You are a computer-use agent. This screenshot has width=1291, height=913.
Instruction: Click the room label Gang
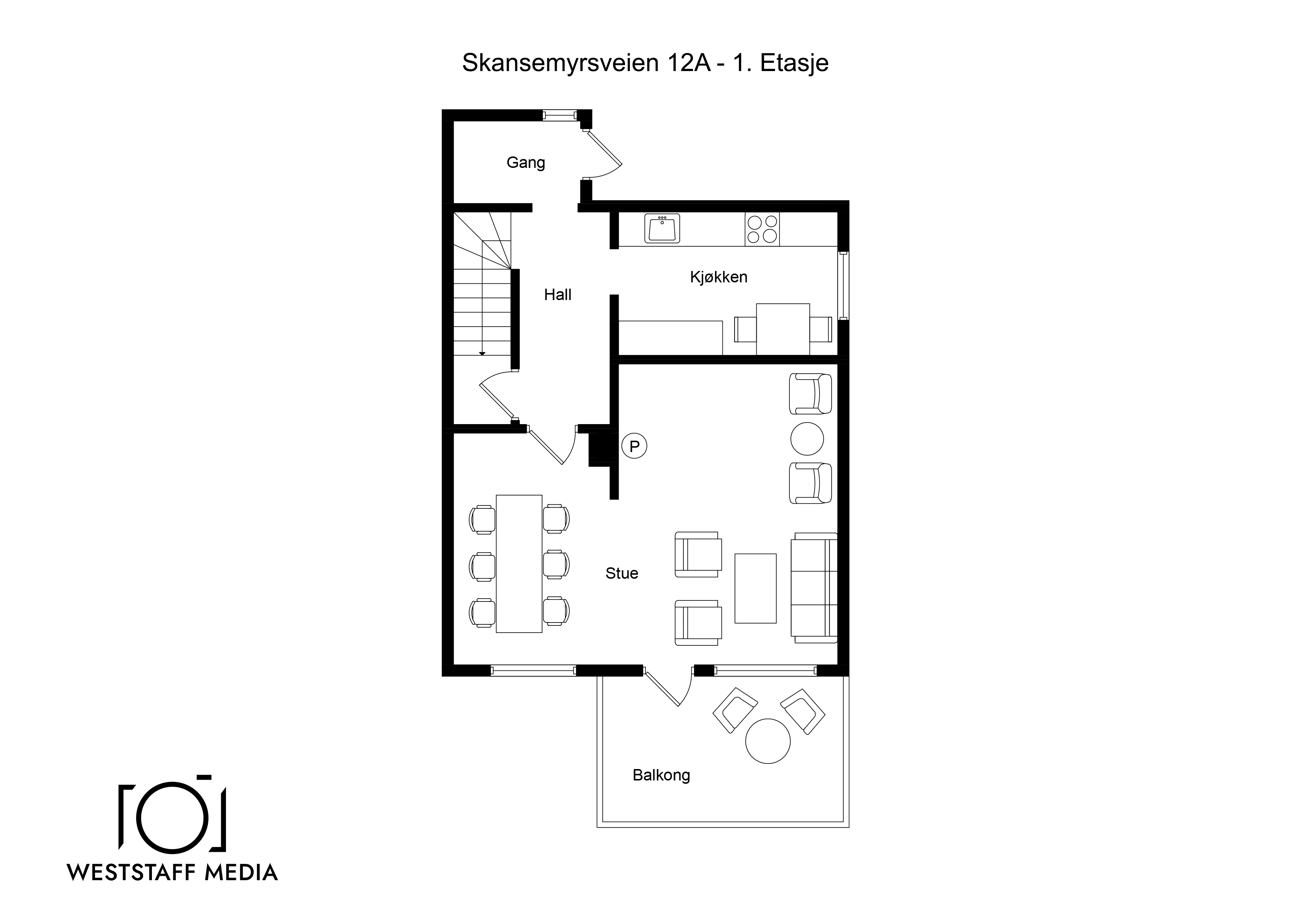[526, 163]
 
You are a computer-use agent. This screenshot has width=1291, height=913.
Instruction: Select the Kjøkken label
[719, 277]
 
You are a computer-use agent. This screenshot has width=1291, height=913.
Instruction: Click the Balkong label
[661, 775]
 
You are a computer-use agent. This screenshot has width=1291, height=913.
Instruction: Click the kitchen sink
[662, 228]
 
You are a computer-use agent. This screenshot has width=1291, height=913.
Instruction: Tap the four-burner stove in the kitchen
[763, 229]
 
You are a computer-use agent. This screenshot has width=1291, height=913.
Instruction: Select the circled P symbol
[634, 446]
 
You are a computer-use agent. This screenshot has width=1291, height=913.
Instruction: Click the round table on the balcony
[768, 741]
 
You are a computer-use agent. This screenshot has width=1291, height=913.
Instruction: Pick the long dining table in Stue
[519, 564]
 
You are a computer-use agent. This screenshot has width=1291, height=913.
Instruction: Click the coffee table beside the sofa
[755, 588]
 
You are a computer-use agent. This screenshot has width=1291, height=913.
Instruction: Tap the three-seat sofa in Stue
[814, 587]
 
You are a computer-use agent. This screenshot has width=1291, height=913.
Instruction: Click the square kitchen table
[783, 329]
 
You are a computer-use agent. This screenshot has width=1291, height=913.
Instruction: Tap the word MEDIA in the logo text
[241, 873]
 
